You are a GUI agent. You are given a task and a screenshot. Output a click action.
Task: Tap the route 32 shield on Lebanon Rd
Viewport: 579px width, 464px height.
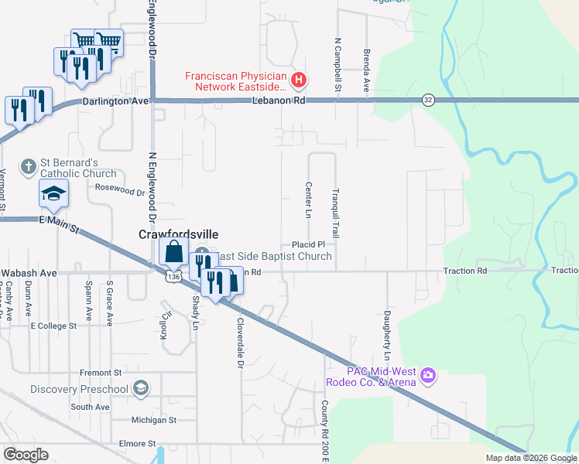click(428, 100)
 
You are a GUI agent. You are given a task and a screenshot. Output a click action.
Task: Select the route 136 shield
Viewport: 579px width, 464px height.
click(173, 277)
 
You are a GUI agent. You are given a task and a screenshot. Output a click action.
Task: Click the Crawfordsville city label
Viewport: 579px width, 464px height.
click(178, 234)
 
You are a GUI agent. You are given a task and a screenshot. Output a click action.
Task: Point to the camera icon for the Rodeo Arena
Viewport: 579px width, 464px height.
click(428, 377)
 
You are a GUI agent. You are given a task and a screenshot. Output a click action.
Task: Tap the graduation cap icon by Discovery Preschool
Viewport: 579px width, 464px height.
click(140, 388)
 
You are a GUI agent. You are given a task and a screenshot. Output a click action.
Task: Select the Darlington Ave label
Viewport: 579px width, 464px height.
click(115, 101)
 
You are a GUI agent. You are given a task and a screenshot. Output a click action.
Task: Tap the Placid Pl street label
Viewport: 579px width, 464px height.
click(307, 244)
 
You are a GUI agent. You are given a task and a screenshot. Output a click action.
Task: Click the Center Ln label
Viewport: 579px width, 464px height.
click(308, 199)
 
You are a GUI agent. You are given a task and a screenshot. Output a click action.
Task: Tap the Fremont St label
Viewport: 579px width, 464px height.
click(95, 373)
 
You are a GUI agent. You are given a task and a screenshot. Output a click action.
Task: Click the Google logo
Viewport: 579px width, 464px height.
click(26, 455)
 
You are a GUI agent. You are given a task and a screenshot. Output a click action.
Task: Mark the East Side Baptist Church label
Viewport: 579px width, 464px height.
click(275, 256)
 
